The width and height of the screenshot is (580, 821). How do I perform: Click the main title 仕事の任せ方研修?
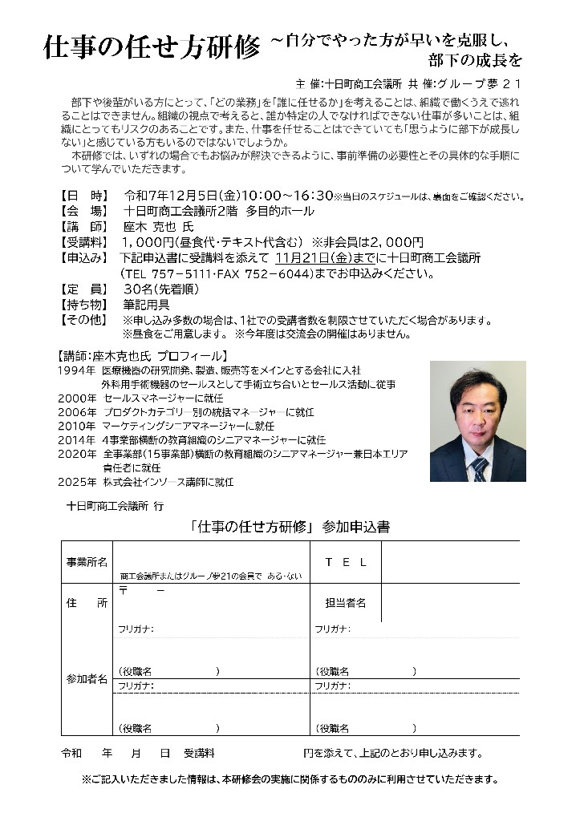[x=152, y=50]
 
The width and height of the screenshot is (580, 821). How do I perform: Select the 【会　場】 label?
[x=82, y=212]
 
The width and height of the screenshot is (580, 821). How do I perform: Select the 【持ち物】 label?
[x=82, y=305]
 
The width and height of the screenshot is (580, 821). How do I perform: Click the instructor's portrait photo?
[x=477, y=420]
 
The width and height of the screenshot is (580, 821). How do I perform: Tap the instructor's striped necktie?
[x=479, y=467]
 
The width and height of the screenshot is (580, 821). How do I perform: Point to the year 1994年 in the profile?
[x=78, y=370]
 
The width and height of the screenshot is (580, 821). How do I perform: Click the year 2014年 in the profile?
[x=78, y=439]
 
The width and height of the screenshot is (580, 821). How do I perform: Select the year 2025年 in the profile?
[x=78, y=482]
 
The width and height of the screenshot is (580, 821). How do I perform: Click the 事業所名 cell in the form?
[x=87, y=562]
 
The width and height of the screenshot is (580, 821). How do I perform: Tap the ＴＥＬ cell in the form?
[x=346, y=562]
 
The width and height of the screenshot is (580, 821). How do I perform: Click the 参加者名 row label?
[x=87, y=679]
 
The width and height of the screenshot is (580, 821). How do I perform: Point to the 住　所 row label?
[x=87, y=604]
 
